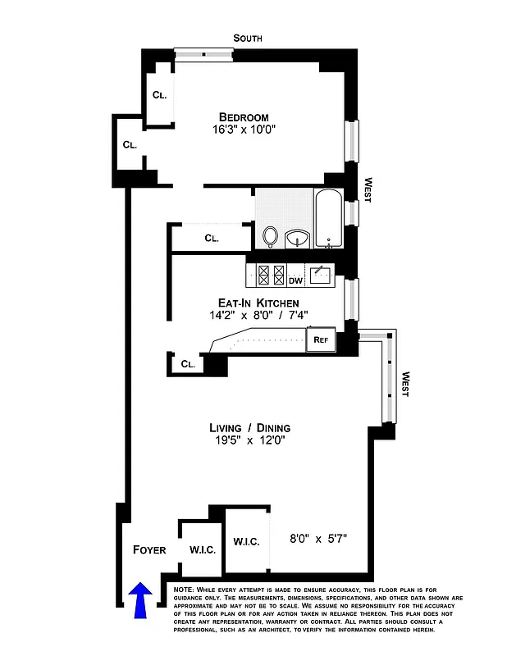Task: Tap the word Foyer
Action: tap(149, 549)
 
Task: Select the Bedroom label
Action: tap(244, 117)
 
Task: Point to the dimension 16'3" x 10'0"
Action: tap(244, 130)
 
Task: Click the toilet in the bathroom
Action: tap(271, 236)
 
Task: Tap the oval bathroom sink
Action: tap(297, 239)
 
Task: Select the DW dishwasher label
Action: tap(295, 280)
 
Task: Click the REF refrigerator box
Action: tap(319, 339)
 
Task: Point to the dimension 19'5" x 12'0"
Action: tap(249, 440)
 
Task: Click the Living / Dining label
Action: tap(249, 428)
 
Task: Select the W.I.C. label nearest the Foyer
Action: tap(202, 549)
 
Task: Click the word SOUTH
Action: tap(248, 38)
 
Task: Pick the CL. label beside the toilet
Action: tap(212, 239)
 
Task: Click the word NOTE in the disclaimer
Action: tap(184, 590)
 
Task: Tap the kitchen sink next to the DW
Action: tap(319, 273)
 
